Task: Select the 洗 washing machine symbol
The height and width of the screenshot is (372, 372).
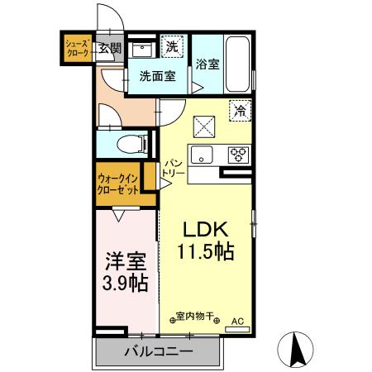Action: tap(170, 46)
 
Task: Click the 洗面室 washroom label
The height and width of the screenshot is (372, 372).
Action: tap(155, 75)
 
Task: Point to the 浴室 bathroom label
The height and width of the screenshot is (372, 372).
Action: tap(207, 64)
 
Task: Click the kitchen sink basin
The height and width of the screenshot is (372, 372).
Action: tap(203, 154)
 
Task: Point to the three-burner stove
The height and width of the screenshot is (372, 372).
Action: tap(239, 154)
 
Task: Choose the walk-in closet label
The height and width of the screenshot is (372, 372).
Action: tap(118, 183)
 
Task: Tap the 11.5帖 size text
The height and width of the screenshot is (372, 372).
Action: tap(204, 252)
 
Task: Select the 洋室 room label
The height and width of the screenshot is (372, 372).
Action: tap(126, 262)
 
